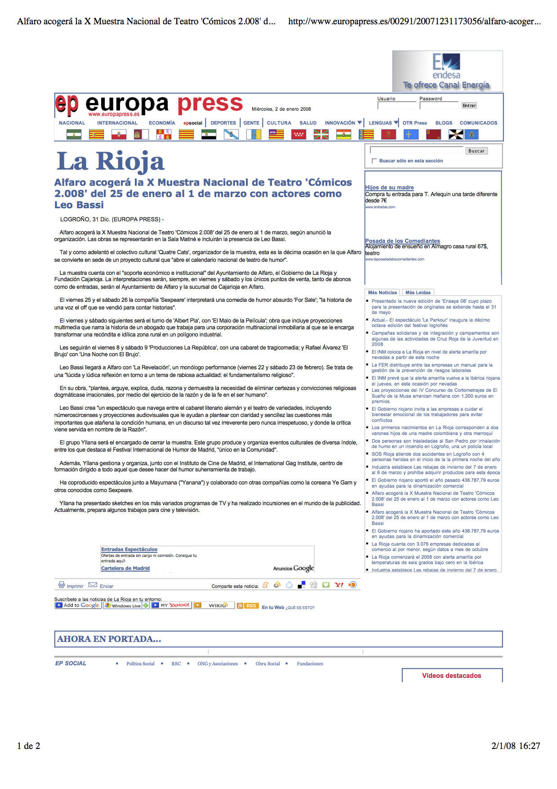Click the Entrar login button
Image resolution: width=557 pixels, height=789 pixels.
[469, 105]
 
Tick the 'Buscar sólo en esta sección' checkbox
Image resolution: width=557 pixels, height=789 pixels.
[374, 161]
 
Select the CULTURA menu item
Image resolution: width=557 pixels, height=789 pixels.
[279, 123]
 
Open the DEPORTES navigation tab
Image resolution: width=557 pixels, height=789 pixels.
[223, 123]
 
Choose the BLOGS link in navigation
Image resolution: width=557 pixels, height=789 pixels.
[444, 123]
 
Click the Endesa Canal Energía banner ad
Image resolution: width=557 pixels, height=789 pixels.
[447, 71]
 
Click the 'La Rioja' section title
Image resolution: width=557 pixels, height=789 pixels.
[111, 161]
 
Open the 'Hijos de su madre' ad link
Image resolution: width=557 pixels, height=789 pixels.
[389, 188]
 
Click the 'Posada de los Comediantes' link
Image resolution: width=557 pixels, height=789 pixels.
[402, 241]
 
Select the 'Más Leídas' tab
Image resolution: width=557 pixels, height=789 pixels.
[418, 292]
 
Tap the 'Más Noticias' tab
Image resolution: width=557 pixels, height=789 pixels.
[383, 292]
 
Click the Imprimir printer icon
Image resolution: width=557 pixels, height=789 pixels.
[62, 585]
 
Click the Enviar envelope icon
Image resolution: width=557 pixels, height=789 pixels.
[93, 585]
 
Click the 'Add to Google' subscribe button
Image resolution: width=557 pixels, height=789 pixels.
[78, 605]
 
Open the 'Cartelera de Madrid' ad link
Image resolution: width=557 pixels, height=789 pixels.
[125, 568]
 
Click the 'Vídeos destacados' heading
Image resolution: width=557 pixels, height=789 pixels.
[451, 676]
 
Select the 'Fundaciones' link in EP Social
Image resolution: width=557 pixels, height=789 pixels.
[310, 663]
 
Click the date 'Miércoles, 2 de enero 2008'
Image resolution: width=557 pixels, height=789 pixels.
[281, 109]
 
